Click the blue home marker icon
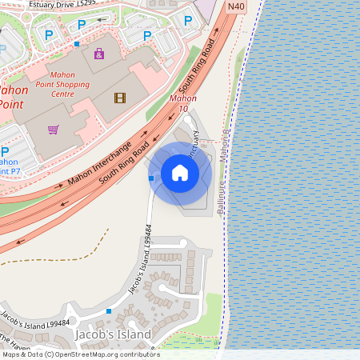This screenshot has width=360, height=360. (180, 173)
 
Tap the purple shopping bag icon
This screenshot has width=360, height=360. (98, 54)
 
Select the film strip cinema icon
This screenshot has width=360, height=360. (120, 98)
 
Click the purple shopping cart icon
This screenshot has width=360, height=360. (54, 129)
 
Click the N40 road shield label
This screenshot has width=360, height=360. (235, 6)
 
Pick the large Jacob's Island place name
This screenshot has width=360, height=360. (112, 334)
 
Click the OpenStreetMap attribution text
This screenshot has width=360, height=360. (80, 354)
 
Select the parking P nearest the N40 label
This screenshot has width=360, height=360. (188, 21)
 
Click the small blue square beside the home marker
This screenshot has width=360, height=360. (151, 178)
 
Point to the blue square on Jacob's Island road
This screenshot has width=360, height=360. (109, 310)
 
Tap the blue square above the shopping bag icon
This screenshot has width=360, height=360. (77, 43)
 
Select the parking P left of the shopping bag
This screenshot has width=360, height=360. (49, 34)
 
